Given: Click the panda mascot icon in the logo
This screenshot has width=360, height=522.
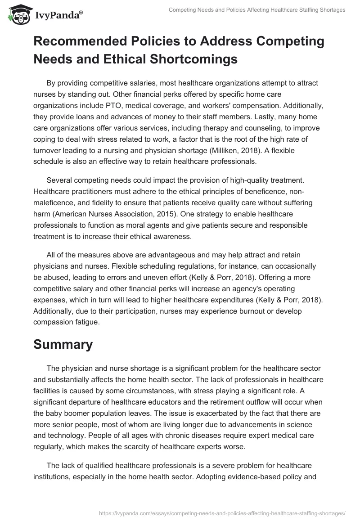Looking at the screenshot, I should click(x=18, y=15).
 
